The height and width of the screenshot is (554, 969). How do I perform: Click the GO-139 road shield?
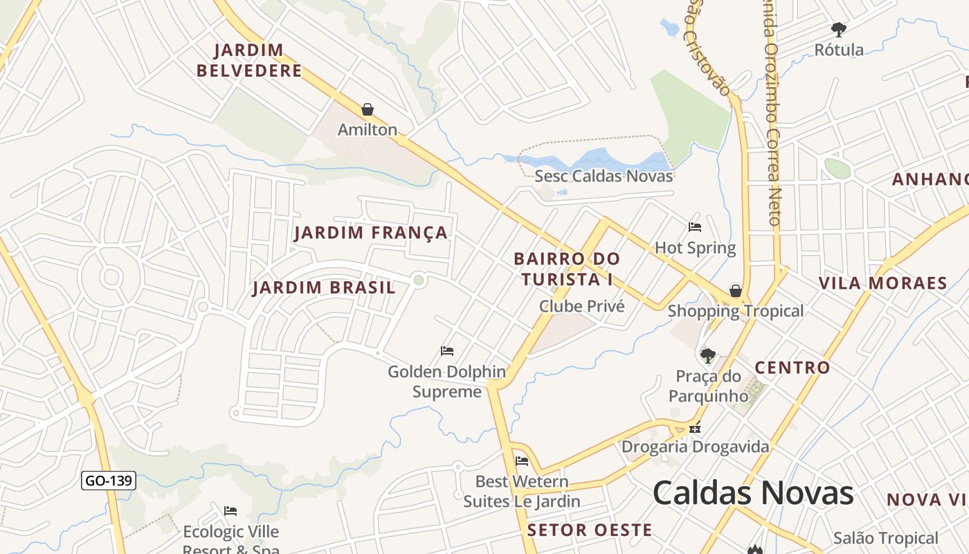pyautogui.click(x=109, y=481)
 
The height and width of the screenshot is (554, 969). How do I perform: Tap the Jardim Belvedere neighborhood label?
pyautogui.click(x=249, y=60)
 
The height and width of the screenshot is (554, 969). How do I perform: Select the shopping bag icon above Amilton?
pyautogui.click(x=368, y=109)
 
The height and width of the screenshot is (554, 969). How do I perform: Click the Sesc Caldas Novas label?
pyautogui.click(x=604, y=176)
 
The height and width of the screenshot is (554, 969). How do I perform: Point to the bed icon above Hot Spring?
pyautogui.click(x=695, y=227)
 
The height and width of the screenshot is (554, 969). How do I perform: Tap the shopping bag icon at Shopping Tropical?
pyautogui.click(x=736, y=291)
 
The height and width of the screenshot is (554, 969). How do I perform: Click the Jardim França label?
pyautogui.click(x=371, y=233)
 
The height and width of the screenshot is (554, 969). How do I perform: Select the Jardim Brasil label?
pyautogui.click(x=324, y=287)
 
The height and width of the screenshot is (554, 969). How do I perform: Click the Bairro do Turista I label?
pyautogui.click(x=567, y=269)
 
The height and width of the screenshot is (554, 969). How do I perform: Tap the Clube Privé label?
pyautogui.click(x=581, y=306)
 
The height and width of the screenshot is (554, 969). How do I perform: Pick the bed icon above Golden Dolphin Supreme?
pyautogui.click(x=447, y=351)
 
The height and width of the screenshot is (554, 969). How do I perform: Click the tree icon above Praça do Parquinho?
pyautogui.click(x=707, y=356)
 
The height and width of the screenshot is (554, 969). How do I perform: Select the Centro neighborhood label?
pyautogui.click(x=792, y=368)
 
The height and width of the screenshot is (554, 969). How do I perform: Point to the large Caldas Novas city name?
pyautogui.click(x=753, y=492)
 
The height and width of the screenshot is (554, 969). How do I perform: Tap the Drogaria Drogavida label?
pyautogui.click(x=695, y=447)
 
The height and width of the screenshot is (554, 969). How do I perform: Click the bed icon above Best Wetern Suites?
pyautogui.click(x=522, y=461)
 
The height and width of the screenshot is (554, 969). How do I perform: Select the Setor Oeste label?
pyautogui.click(x=589, y=530)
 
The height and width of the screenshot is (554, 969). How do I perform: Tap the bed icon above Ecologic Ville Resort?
pyautogui.click(x=230, y=511)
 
